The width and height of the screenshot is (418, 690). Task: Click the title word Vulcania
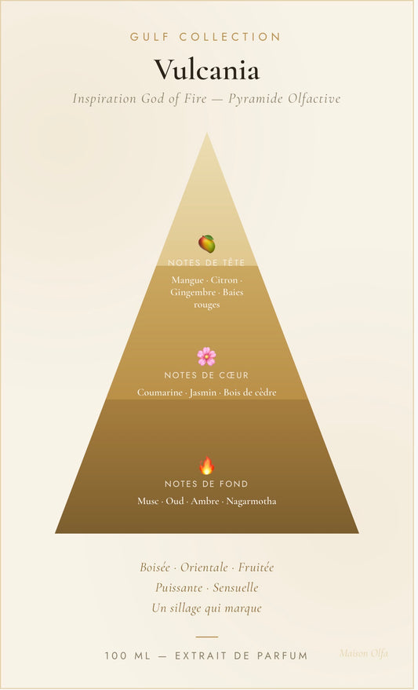206,70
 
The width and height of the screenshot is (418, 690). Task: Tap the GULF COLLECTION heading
205,37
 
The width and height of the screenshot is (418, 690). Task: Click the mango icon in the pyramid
206,244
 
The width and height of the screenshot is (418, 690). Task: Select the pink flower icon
206,356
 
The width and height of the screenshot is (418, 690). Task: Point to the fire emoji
206,465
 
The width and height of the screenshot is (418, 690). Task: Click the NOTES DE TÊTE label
206,263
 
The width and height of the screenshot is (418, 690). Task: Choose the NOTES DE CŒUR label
206,375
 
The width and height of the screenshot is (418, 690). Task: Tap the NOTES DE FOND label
206,484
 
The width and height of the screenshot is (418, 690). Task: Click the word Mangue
187,280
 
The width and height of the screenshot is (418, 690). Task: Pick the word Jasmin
203,392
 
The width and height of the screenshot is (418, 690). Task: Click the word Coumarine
159,392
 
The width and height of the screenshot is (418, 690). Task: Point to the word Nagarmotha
252,502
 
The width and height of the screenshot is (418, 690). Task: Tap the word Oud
175,502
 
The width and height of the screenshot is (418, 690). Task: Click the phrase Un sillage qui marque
206,608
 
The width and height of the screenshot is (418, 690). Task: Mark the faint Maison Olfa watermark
364,653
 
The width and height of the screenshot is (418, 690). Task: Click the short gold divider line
206,637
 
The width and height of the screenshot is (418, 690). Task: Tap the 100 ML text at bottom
128,655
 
